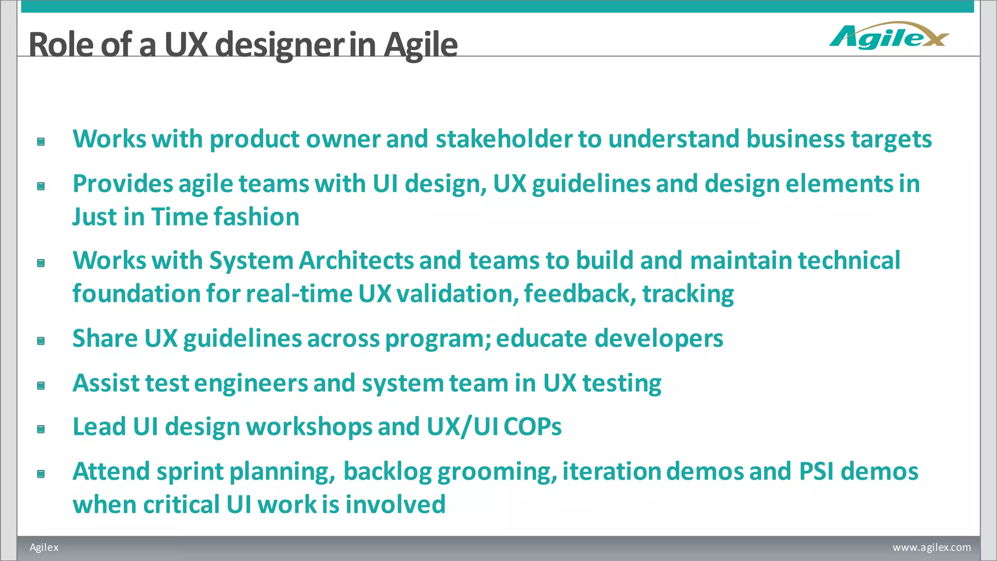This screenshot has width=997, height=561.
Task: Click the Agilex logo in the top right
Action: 889,36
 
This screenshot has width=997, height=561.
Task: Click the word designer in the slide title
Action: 279,45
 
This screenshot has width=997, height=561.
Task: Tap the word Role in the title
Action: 61,45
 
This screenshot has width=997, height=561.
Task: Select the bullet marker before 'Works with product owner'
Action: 41,142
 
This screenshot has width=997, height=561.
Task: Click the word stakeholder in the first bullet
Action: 504,139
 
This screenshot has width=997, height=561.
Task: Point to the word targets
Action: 891,140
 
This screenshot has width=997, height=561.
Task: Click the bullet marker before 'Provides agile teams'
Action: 41,186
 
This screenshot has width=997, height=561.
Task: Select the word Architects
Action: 356,261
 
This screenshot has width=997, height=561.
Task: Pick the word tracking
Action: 688,294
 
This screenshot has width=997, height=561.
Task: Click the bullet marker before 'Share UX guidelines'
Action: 41,341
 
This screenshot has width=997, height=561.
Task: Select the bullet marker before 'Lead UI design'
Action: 41,429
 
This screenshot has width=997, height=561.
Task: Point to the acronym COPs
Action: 533,427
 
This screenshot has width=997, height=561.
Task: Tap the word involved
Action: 395,505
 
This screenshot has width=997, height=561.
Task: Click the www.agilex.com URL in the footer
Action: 931,547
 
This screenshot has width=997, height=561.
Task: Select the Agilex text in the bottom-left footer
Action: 44,547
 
